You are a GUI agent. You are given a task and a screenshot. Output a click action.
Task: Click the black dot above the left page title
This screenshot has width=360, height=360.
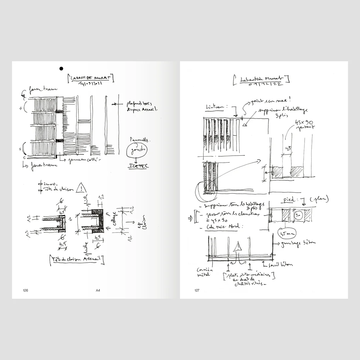pyautogui.click(x=61, y=69)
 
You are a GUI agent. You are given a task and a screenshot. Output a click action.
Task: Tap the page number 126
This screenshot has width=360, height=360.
pyautogui.click(x=25, y=290)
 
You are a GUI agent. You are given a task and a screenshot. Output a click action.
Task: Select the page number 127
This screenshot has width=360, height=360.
pyautogui.click(x=197, y=290)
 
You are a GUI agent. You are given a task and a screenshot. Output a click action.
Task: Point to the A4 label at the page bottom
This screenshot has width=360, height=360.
pyautogui.click(x=98, y=290)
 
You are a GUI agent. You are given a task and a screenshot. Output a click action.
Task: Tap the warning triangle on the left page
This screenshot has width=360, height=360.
pyautogui.click(x=81, y=189)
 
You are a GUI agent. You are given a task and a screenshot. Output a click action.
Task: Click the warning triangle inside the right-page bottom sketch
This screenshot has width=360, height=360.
pyautogui.click(x=238, y=247)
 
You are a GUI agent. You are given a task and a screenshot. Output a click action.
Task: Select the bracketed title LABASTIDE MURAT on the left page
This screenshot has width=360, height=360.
pyautogui.click(x=90, y=78)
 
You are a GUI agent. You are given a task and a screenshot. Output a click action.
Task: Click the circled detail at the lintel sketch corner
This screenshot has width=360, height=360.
pyautogui.click(x=206, y=189)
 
